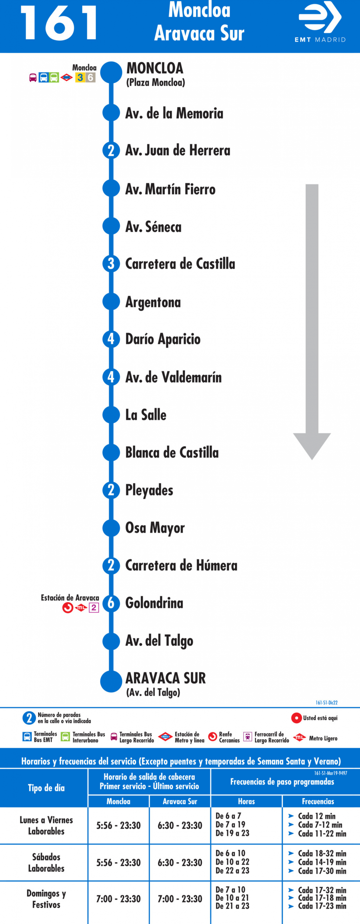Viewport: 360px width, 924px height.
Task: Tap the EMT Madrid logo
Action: (320, 22)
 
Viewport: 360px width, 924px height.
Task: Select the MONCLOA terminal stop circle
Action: (111, 72)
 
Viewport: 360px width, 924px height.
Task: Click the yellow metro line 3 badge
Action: (80, 77)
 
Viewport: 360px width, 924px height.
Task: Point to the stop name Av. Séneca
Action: (153, 227)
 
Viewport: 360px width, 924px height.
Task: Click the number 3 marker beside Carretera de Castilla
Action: (111, 264)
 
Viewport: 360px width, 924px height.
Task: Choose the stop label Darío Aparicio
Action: (163, 339)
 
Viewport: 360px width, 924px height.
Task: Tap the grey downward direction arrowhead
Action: (312, 446)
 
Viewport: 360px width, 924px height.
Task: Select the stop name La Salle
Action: (146, 415)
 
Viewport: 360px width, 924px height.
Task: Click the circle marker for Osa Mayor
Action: (111, 528)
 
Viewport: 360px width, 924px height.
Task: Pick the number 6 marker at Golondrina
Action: (111, 603)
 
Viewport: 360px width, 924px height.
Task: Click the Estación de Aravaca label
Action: (70, 598)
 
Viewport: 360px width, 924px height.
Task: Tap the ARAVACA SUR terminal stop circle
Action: (111, 682)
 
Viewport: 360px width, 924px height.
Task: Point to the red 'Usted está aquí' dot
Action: (296, 718)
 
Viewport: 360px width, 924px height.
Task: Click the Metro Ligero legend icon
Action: (299, 738)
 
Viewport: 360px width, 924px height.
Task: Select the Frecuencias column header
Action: (318, 801)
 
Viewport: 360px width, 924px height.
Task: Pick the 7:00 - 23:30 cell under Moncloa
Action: (118, 899)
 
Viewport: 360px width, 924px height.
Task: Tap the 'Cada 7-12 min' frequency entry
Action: (320, 825)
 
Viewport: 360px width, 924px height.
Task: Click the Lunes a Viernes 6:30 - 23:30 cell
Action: (180, 825)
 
